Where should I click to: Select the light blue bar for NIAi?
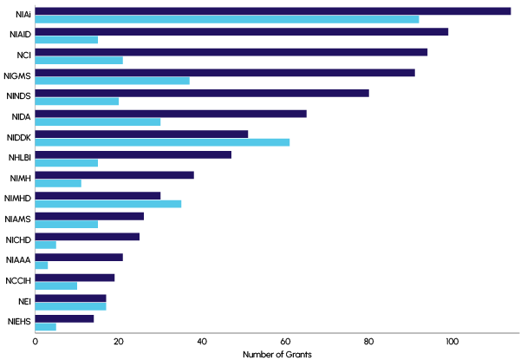click(x=226, y=19)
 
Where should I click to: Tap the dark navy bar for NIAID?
click(x=241, y=31)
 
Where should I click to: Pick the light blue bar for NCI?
click(x=79, y=60)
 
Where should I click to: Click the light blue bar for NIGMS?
click(x=112, y=81)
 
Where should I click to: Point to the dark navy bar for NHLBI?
click(x=133, y=154)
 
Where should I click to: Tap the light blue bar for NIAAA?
click(x=41, y=265)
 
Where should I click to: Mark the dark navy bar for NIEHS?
click(x=64, y=318)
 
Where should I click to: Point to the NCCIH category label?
click(x=17, y=281)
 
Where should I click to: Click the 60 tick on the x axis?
click(x=285, y=341)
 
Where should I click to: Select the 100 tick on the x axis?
click(x=452, y=341)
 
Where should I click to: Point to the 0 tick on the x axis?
click(x=35, y=341)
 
